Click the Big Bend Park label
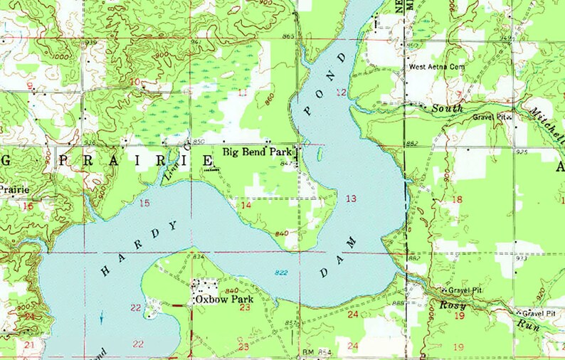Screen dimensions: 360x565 tap(255, 152)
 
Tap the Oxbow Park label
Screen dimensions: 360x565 tap(223, 300)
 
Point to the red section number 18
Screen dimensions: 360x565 tap(457, 200)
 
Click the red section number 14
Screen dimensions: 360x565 tap(245, 206)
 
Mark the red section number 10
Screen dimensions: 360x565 tap(135, 82)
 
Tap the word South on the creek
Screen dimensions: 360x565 tap(448, 108)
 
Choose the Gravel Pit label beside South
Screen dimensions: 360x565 tap(491, 116)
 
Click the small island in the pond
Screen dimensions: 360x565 tap(320, 154)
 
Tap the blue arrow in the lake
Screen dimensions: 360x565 tap(101, 317)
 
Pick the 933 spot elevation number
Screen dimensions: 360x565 tap(522, 258)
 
